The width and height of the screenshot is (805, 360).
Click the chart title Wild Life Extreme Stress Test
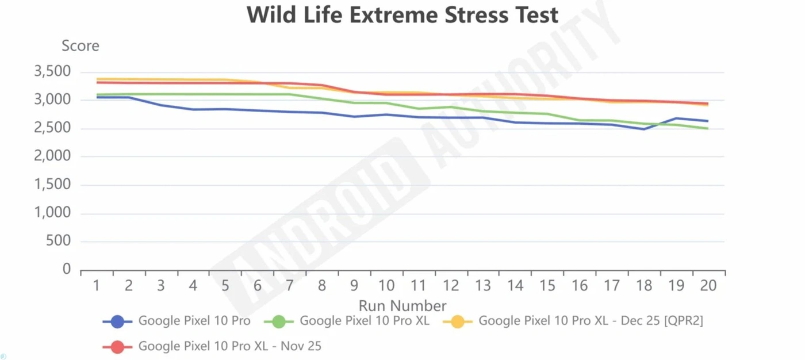[x=402, y=15]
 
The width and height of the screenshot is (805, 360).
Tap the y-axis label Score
[x=80, y=46]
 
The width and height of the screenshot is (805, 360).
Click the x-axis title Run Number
[x=402, y=305]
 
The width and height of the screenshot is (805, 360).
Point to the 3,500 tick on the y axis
[x=52, y=72]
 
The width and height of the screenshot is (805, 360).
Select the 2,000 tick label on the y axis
[x=52, y=156]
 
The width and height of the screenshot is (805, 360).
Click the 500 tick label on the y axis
[x=59, y=241]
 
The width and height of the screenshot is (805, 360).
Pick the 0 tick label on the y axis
[x=67, y=269]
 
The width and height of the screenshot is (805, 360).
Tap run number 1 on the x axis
[x=97, y=285]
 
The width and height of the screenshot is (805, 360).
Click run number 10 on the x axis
[x=386, y=285]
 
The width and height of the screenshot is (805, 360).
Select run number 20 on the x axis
[x=708, y=285]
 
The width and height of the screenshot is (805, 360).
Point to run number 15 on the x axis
[x=547, y=285]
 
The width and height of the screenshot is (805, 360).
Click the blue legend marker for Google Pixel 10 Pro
[x=117, y=321]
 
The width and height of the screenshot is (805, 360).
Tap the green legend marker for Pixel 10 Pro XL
[x=278, y=321]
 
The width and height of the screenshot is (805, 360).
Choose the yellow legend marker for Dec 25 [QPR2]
[x=458, y=321]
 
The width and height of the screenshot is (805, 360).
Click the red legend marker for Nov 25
[x=117, y=347]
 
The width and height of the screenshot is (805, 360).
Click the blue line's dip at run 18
[x=644, y=129]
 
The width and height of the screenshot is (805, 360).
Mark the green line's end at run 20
[x=708, y=128]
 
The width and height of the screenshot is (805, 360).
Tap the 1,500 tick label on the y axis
[x=52, y=185]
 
